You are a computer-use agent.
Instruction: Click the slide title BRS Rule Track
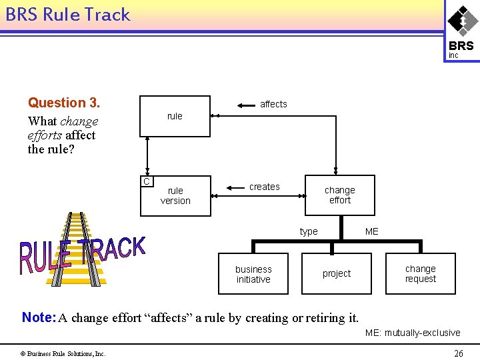coord(68,15)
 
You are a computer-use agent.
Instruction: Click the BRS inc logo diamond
coord(461,21)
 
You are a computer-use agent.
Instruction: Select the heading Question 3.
coord(64,103)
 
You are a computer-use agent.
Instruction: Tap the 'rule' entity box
coord(175,116)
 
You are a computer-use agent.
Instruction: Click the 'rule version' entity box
coord(175,195)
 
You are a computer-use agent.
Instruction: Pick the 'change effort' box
coord(339,195)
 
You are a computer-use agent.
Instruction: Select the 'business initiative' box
coord(253,274)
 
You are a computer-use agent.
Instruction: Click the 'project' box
coord(337,273)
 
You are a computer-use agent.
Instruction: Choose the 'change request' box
coord(420,273)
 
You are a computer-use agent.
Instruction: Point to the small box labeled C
coord(147,181)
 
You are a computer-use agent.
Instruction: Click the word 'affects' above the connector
coord(273,104)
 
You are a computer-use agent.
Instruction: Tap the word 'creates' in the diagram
coord(264,187)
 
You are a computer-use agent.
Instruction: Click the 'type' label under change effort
coord(309,231)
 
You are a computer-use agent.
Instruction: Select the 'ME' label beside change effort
coord(371,231)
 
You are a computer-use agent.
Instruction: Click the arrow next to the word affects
coord(247,104)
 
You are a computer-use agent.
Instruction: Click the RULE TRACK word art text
coord(81,254)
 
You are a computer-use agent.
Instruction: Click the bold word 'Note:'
coord(38,317)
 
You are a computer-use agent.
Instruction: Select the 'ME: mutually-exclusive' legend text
coord(412,333)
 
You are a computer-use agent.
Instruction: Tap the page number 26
coord(458,353)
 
